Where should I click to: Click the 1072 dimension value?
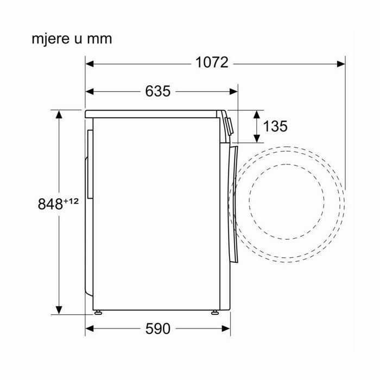(x=212, y=62)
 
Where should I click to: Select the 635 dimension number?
(x=158, y=91)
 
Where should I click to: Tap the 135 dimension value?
(x=275, y=126)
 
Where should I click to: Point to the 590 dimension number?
(x=158, y=328)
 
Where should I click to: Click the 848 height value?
(x=50, y=204)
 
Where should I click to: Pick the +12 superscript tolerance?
(x=71, y=201)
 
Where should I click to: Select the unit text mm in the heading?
(x=99, y=40)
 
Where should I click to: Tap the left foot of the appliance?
(x=98, y=312)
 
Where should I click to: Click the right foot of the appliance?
(x=215, y=312)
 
